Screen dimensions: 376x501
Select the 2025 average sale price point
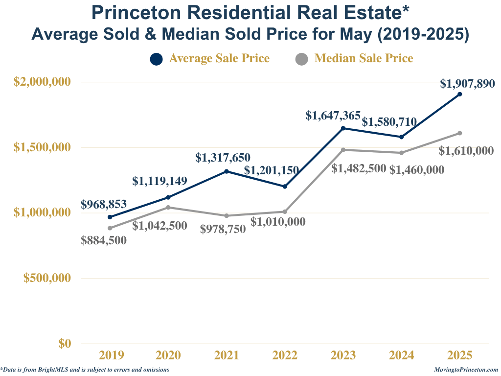pyautogui.click(x=460, y=94)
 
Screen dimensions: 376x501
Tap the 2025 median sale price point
pyautogui.click(x=460, y=133)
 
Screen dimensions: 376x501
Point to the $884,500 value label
pyautogui.click(x=104, y=240)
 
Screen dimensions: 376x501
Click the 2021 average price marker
pyautogui.click(x=227, y=171)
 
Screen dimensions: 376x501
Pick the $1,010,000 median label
pyautogui.click(x=278, y=222)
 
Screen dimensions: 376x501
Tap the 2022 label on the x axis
pyautogui.click(x=285, y=355)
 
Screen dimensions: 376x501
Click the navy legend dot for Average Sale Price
pyautogui.click(x=156, y=59)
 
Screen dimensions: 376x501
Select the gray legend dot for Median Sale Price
pyautogui.click(x=302, y=59)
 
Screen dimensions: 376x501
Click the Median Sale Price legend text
pyautogui.click(x=364, y=58)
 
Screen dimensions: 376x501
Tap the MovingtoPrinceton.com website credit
pyautogui.click(x=466, y=370)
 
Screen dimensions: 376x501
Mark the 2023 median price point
pyautogui.click(x=343, y=150)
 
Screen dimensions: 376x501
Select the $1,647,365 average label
pyautogui.click(x=333, y=116)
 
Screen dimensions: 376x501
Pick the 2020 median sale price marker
pyautogui.click(x=168, y=207)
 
